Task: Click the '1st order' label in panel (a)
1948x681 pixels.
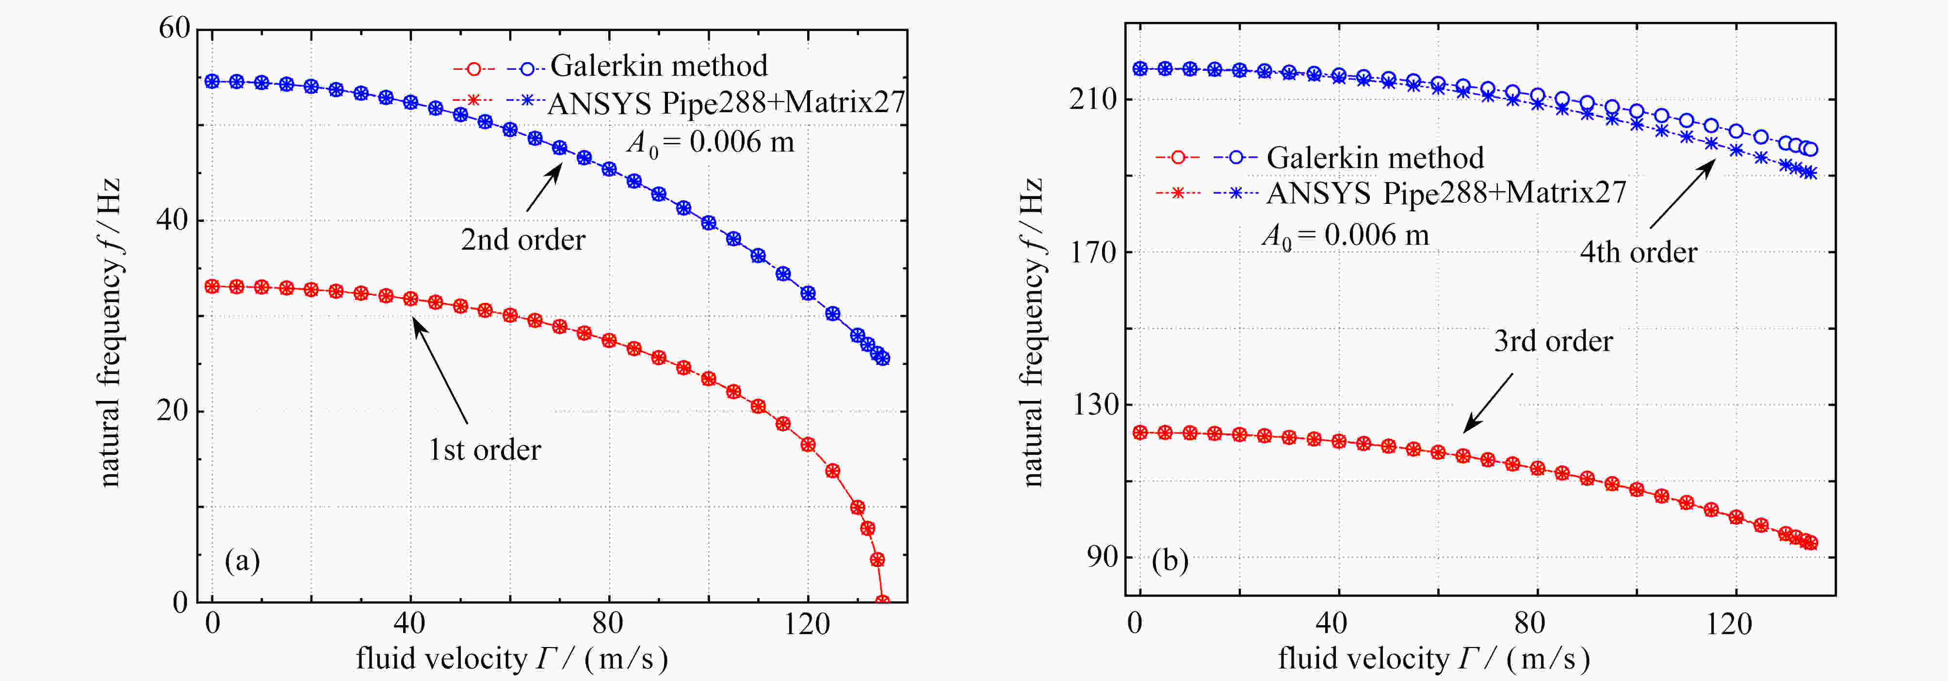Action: point(485,450)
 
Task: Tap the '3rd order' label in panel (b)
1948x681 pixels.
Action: point(1553,341)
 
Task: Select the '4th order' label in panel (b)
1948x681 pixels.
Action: point(1638,252)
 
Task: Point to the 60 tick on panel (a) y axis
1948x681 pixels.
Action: point(175,29)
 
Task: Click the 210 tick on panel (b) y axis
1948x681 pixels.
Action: point(1093,99)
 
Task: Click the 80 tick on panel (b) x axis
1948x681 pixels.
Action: point(1529,624)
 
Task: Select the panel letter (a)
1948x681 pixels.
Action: point(242,561)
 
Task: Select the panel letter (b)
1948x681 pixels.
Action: point(1169,561)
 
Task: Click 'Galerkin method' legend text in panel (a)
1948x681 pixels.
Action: point(659,66)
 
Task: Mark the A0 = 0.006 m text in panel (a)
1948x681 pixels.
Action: point(711,142)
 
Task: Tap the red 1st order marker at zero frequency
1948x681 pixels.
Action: point(882,601)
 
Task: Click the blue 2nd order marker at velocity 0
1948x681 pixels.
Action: point(212,81)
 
